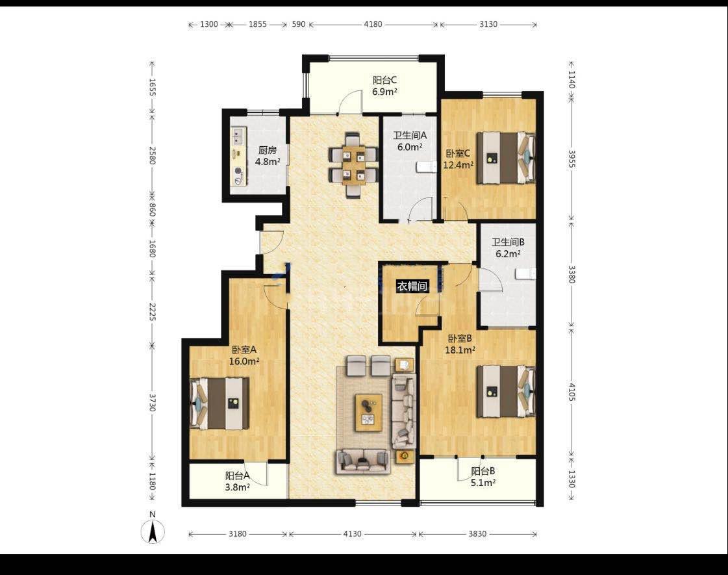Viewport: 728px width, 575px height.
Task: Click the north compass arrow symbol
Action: coord(153,531)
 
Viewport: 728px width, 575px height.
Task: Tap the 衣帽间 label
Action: coord(412,286)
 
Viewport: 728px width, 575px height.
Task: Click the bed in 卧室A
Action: coord(220,403)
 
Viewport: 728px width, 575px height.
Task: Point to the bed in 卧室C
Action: coord(506,158)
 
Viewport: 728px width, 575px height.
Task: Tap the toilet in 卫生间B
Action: coord(526,274)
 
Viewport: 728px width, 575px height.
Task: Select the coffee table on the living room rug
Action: coord(369,413)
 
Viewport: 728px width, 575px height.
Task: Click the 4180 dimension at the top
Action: coord(373,24)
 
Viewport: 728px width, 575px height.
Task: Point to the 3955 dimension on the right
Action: coord(571,159)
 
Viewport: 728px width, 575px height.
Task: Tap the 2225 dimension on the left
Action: coord(152,311)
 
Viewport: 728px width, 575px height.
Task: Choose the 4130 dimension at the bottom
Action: coord(352,533)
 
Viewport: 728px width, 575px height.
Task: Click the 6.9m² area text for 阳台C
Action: coord(384,92)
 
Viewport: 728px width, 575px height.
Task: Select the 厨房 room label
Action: coord(268,150)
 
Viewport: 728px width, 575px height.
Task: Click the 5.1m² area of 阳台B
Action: coord(483,483)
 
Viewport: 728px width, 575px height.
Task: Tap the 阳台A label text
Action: coord(238,476)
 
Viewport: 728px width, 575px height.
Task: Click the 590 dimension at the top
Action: coord(299,24)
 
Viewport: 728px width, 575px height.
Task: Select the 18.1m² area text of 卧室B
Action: coord(460,350)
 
